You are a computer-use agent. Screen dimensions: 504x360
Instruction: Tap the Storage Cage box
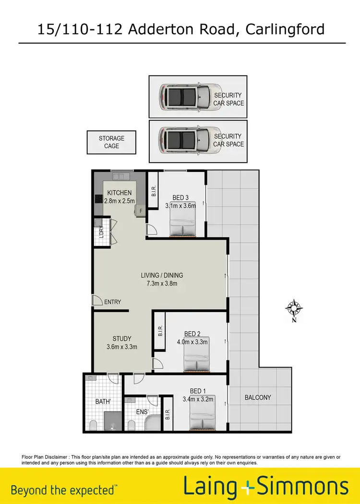[x=111, y=142]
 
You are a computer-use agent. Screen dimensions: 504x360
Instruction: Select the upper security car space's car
[x=184, y=96]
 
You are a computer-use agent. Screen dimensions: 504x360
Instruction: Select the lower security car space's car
[x=184, y=139]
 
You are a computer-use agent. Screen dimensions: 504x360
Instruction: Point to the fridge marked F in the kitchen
[x=141, y=211]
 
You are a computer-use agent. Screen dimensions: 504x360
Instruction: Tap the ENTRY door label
[x=112, y=302]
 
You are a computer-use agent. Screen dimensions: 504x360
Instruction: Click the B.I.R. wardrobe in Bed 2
[x=160, y=331]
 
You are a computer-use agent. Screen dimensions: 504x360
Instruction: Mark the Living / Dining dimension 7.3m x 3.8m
[x=162, y=284]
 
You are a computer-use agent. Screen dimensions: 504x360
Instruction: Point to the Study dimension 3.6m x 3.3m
[x=121, y=347]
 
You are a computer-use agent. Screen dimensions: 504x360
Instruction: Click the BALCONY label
[x=258, y=397]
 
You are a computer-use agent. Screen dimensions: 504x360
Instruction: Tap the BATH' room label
[x=103, y=401]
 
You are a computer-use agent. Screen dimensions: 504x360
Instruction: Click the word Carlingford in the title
[x=285, y=29]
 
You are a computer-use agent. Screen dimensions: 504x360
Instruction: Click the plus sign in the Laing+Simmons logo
[x=247, y=488]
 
